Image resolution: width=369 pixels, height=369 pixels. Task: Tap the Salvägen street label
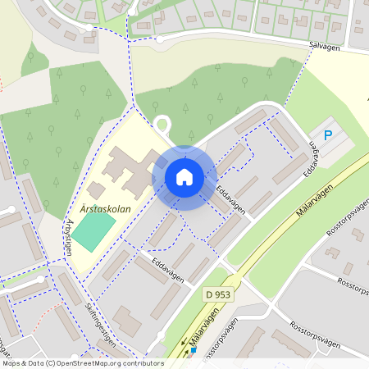pyautogui.click(x=325, y=48)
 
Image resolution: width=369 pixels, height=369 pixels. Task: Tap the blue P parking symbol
pyautogui.click(x=329, y=135)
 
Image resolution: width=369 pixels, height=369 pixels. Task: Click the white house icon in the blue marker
pyautogui.click(x=184, y=177)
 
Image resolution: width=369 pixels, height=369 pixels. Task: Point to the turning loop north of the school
pyautogui.click(x=162, y=125)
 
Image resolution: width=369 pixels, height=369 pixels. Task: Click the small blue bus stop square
pyautogui.click(x=194, y=350)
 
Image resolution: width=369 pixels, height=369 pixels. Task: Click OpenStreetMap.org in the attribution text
pyautogui.click(x=91, y=362)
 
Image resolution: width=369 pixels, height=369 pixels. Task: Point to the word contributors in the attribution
pyautogui.click(x=140, y=362)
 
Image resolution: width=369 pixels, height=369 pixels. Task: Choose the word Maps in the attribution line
pyautogui.click(x=11, y=362)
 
